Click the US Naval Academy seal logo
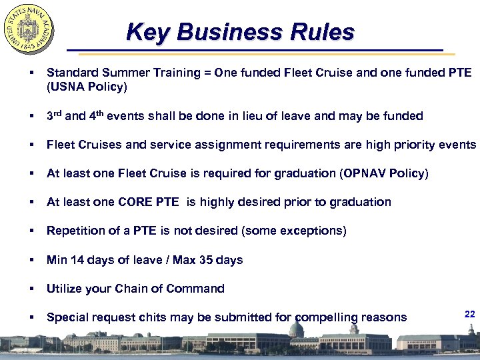coord(29,31)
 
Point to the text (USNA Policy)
coord(87,87)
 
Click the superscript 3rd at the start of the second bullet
coord(54,115)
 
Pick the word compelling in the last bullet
coord(324,318)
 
